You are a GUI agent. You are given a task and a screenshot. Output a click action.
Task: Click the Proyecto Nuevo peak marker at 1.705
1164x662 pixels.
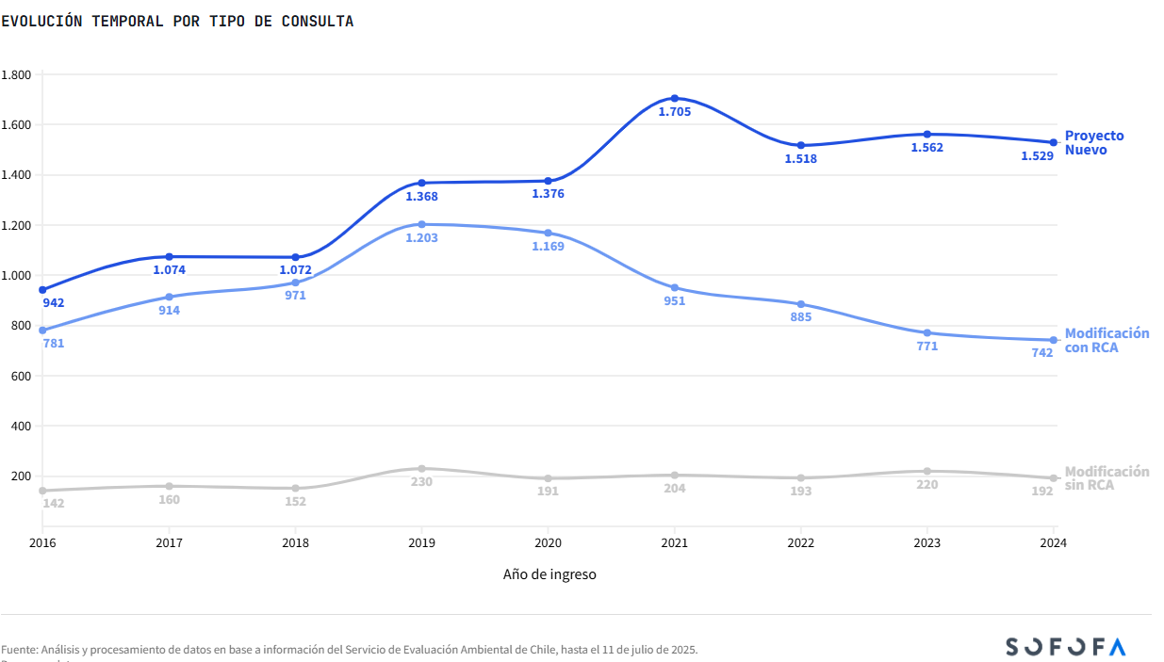[x=675, y=98]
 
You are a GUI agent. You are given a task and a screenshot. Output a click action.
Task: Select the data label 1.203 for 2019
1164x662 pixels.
[x=421, y=238]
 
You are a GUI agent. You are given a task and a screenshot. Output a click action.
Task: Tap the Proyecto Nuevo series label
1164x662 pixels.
[x=1093, y=143]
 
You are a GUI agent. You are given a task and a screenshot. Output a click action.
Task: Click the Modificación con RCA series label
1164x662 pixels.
[x=1107, y=341]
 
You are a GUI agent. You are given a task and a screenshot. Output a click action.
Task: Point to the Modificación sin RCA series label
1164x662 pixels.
[x=1107, y=478]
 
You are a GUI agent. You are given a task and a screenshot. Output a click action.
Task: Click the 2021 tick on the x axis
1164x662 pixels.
[x=674, y=543]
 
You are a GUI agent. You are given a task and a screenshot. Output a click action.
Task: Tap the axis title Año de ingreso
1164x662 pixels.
[x=549, y=574]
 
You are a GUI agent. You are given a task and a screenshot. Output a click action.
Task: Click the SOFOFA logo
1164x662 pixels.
[x=1065, y=647]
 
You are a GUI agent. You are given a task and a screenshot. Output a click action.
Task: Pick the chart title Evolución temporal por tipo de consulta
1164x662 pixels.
[x=177, y=22]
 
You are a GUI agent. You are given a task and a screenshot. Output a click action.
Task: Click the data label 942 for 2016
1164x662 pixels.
[x=53, y=303]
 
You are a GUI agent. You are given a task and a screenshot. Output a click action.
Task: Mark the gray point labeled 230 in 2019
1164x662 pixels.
[x=421, y=468]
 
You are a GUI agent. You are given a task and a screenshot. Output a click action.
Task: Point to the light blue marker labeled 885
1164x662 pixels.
[x=801, y=304]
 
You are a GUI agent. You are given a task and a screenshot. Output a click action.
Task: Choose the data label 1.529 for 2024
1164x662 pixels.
[x=1037, y=156]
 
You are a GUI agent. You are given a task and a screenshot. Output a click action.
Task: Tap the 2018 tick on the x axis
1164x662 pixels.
[x=295, y=543]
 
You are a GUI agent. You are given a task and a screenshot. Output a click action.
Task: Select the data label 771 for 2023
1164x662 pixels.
[x=926, y=347]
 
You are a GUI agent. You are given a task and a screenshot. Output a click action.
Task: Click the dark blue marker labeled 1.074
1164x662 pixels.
[x=169, y=256]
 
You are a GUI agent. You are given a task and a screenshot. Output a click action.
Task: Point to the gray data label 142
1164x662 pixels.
[x=53, y=504]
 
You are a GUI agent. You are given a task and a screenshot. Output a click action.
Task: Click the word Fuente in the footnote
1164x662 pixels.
[x=19, y=650]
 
